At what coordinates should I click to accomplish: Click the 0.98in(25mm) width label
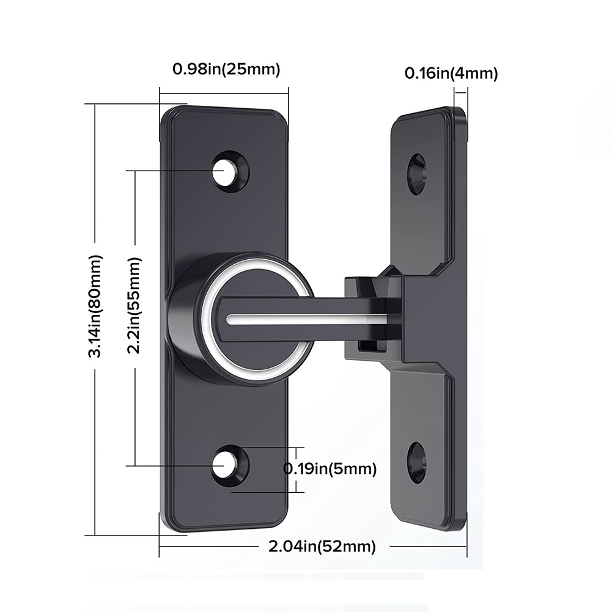(226, 69)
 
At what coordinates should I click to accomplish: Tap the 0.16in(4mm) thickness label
(451, 73)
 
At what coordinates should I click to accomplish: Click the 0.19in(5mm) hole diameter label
(330, 469)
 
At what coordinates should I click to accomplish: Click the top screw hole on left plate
(227, 171)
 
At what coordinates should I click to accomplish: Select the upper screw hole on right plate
(416, 174)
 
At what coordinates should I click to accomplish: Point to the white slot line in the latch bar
(306, 319)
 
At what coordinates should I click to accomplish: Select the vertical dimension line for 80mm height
(95, 183)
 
